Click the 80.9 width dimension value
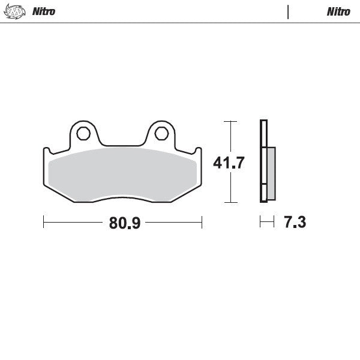tap(125, 223)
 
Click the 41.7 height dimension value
tap(229, 163)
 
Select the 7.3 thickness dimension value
tap(295, 222)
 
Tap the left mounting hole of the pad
tap(83, 134)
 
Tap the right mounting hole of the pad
tap(161, 134)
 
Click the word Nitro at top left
tap(44, 11)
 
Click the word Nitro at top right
tap(338, 12)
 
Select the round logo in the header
tap(14, 11)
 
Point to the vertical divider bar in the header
tap(288, 12)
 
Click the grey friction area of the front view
tap(123, 175)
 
